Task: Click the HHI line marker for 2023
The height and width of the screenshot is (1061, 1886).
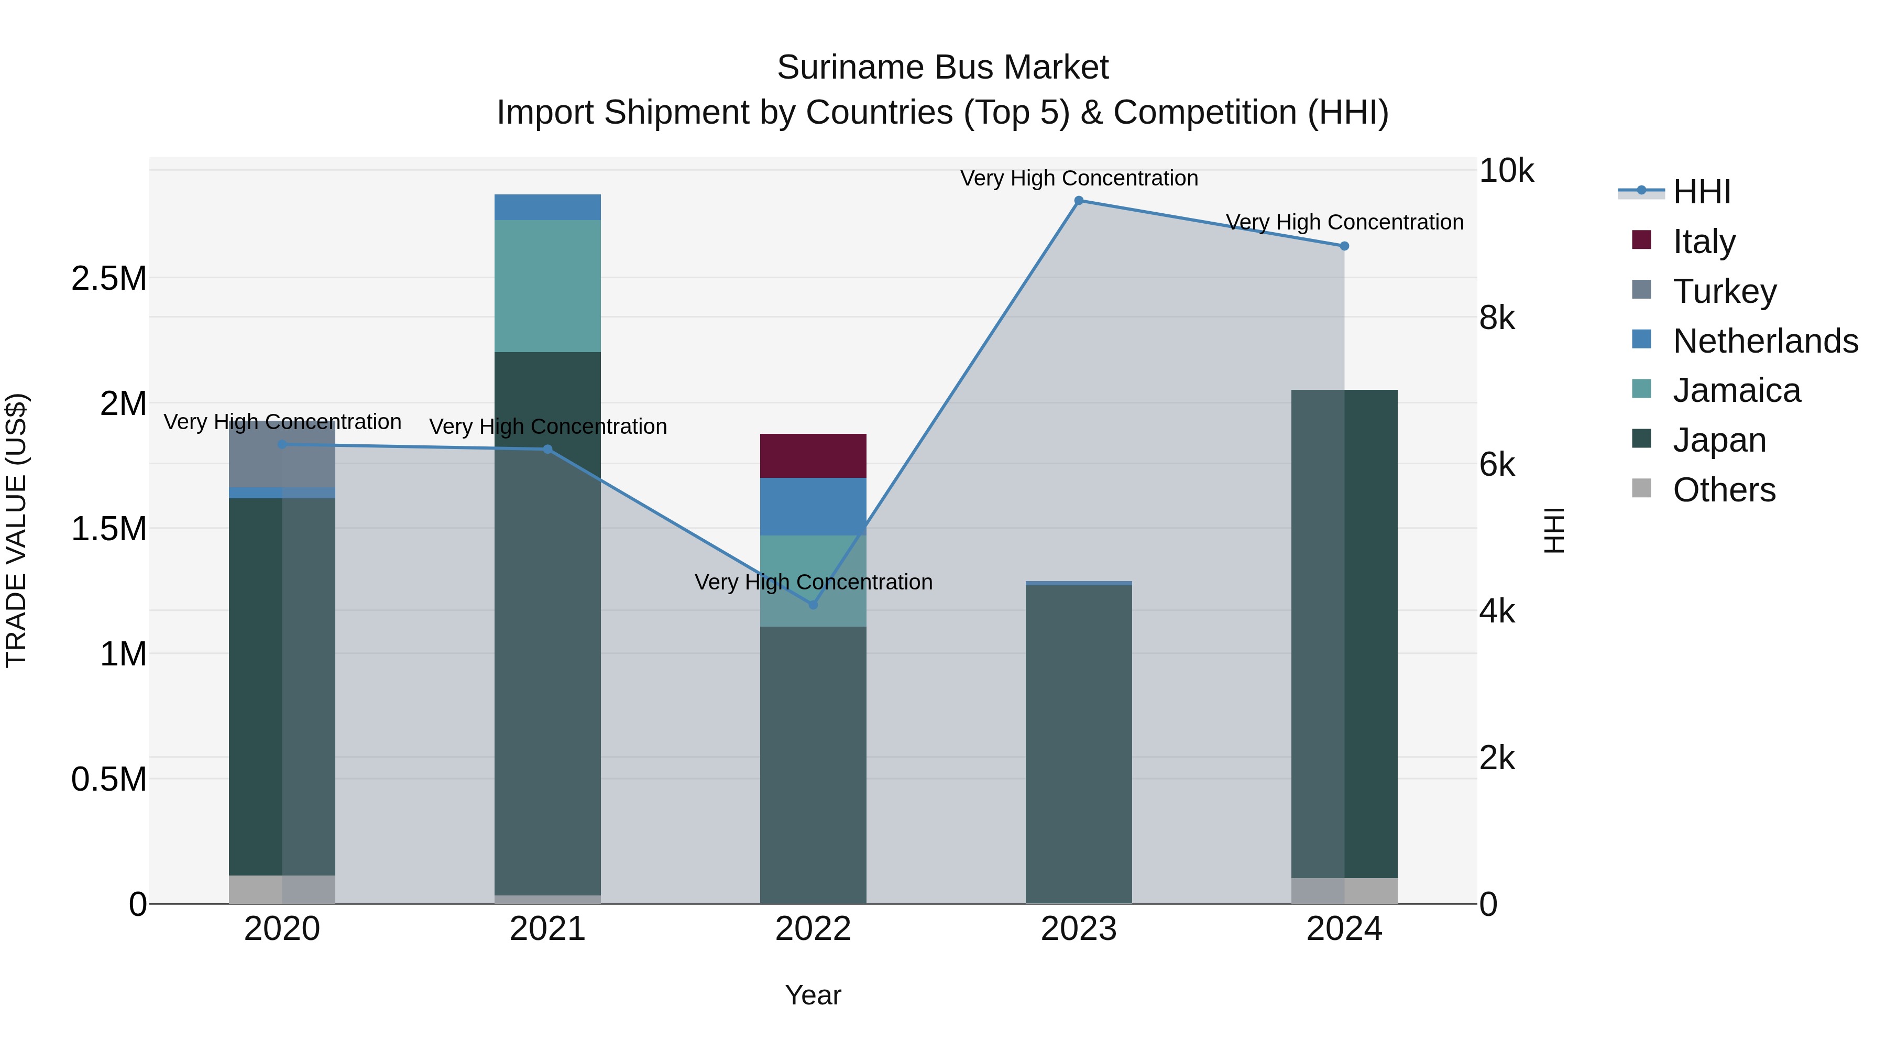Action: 1079,201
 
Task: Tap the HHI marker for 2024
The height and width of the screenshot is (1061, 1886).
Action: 1344,246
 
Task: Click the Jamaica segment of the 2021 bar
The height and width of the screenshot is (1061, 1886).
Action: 547,286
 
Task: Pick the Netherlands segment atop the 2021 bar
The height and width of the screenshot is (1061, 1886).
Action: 547,207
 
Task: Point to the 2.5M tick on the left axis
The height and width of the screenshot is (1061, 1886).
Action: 108,278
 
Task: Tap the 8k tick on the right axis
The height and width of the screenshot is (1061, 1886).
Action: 1497,318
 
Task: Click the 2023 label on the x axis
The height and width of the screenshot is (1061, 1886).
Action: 1079,929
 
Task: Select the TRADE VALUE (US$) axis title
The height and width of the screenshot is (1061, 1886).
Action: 16,530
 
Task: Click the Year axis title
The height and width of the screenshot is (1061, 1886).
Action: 813,995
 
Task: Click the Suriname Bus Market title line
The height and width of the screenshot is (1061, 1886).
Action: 942,68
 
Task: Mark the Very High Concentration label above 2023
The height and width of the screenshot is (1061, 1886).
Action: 1079,178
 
